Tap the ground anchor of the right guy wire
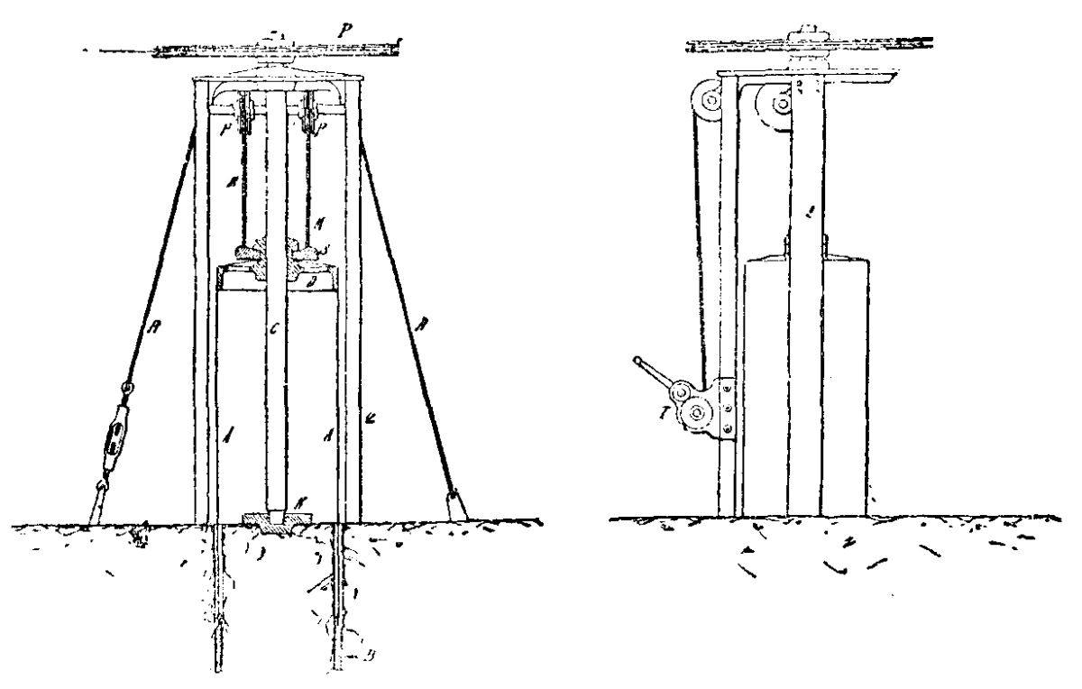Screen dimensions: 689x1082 [455, 501]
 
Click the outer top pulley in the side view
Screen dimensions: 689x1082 [710, 102]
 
